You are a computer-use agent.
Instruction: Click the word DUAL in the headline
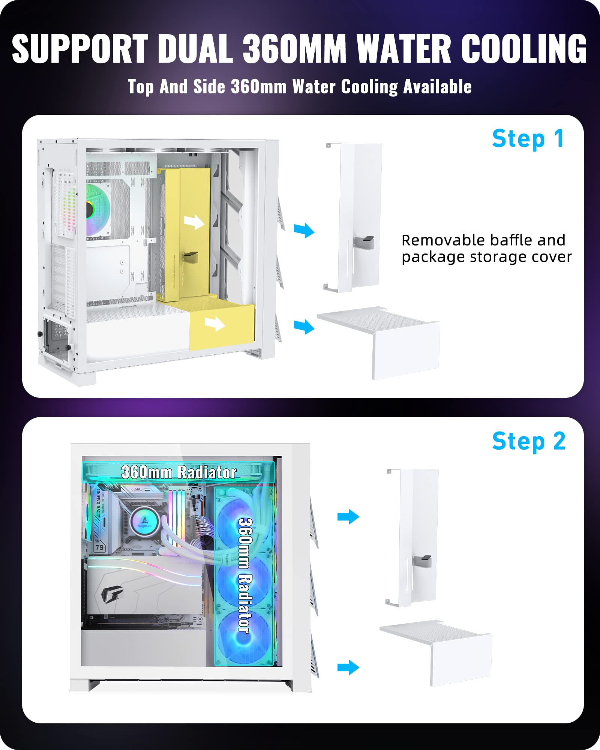point(195,49)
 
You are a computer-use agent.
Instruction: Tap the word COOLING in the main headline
point(523,49)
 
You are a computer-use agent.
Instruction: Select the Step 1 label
point(528,139)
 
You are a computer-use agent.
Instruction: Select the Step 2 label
point(528,441)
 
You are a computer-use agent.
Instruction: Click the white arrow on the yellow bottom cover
point(215,323)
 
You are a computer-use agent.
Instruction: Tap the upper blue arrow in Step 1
point(304,230)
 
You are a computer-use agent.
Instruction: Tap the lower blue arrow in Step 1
point(304,326)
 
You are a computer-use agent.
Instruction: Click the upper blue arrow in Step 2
point(348,517)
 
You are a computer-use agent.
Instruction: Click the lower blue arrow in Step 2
point(348,667)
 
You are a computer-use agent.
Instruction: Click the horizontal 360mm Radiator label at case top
point(178,472)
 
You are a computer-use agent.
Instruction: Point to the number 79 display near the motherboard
point(99,547)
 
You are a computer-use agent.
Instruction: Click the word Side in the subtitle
point(209,87)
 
